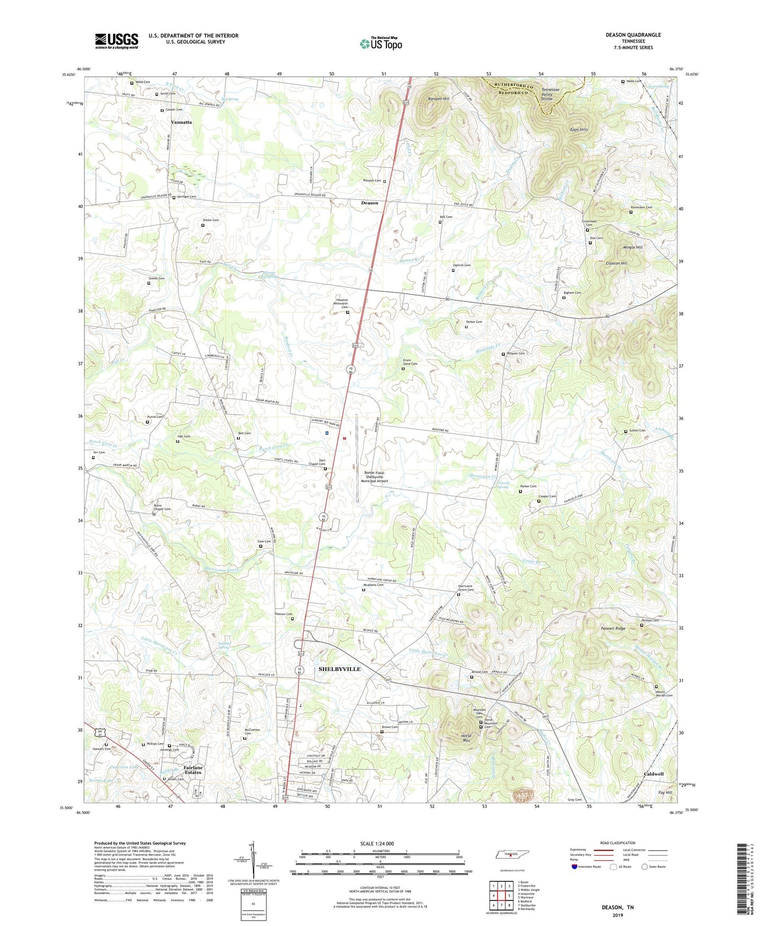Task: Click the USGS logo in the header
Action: (x=117, y=40)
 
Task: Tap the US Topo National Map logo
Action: (x=381, y=43)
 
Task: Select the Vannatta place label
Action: (x=181, y=122)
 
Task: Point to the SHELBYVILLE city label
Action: (x=339, y=669)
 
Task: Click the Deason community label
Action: (x=369, y=203)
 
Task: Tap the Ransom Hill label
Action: (x=438, y=99)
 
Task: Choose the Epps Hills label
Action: (x=579, y=129)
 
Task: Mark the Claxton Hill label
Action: (x=617, y=263)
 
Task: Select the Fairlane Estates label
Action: (x=192, y=770)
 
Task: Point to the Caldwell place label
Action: (x=653, y=774)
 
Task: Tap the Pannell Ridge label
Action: (x=613, y=628)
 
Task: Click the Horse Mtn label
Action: (x=466, y=738)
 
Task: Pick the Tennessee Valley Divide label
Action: (x=554, y=94)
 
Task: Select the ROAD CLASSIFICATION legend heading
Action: (x=618, y=843)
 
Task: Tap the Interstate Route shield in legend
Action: (x=575, y=867)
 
